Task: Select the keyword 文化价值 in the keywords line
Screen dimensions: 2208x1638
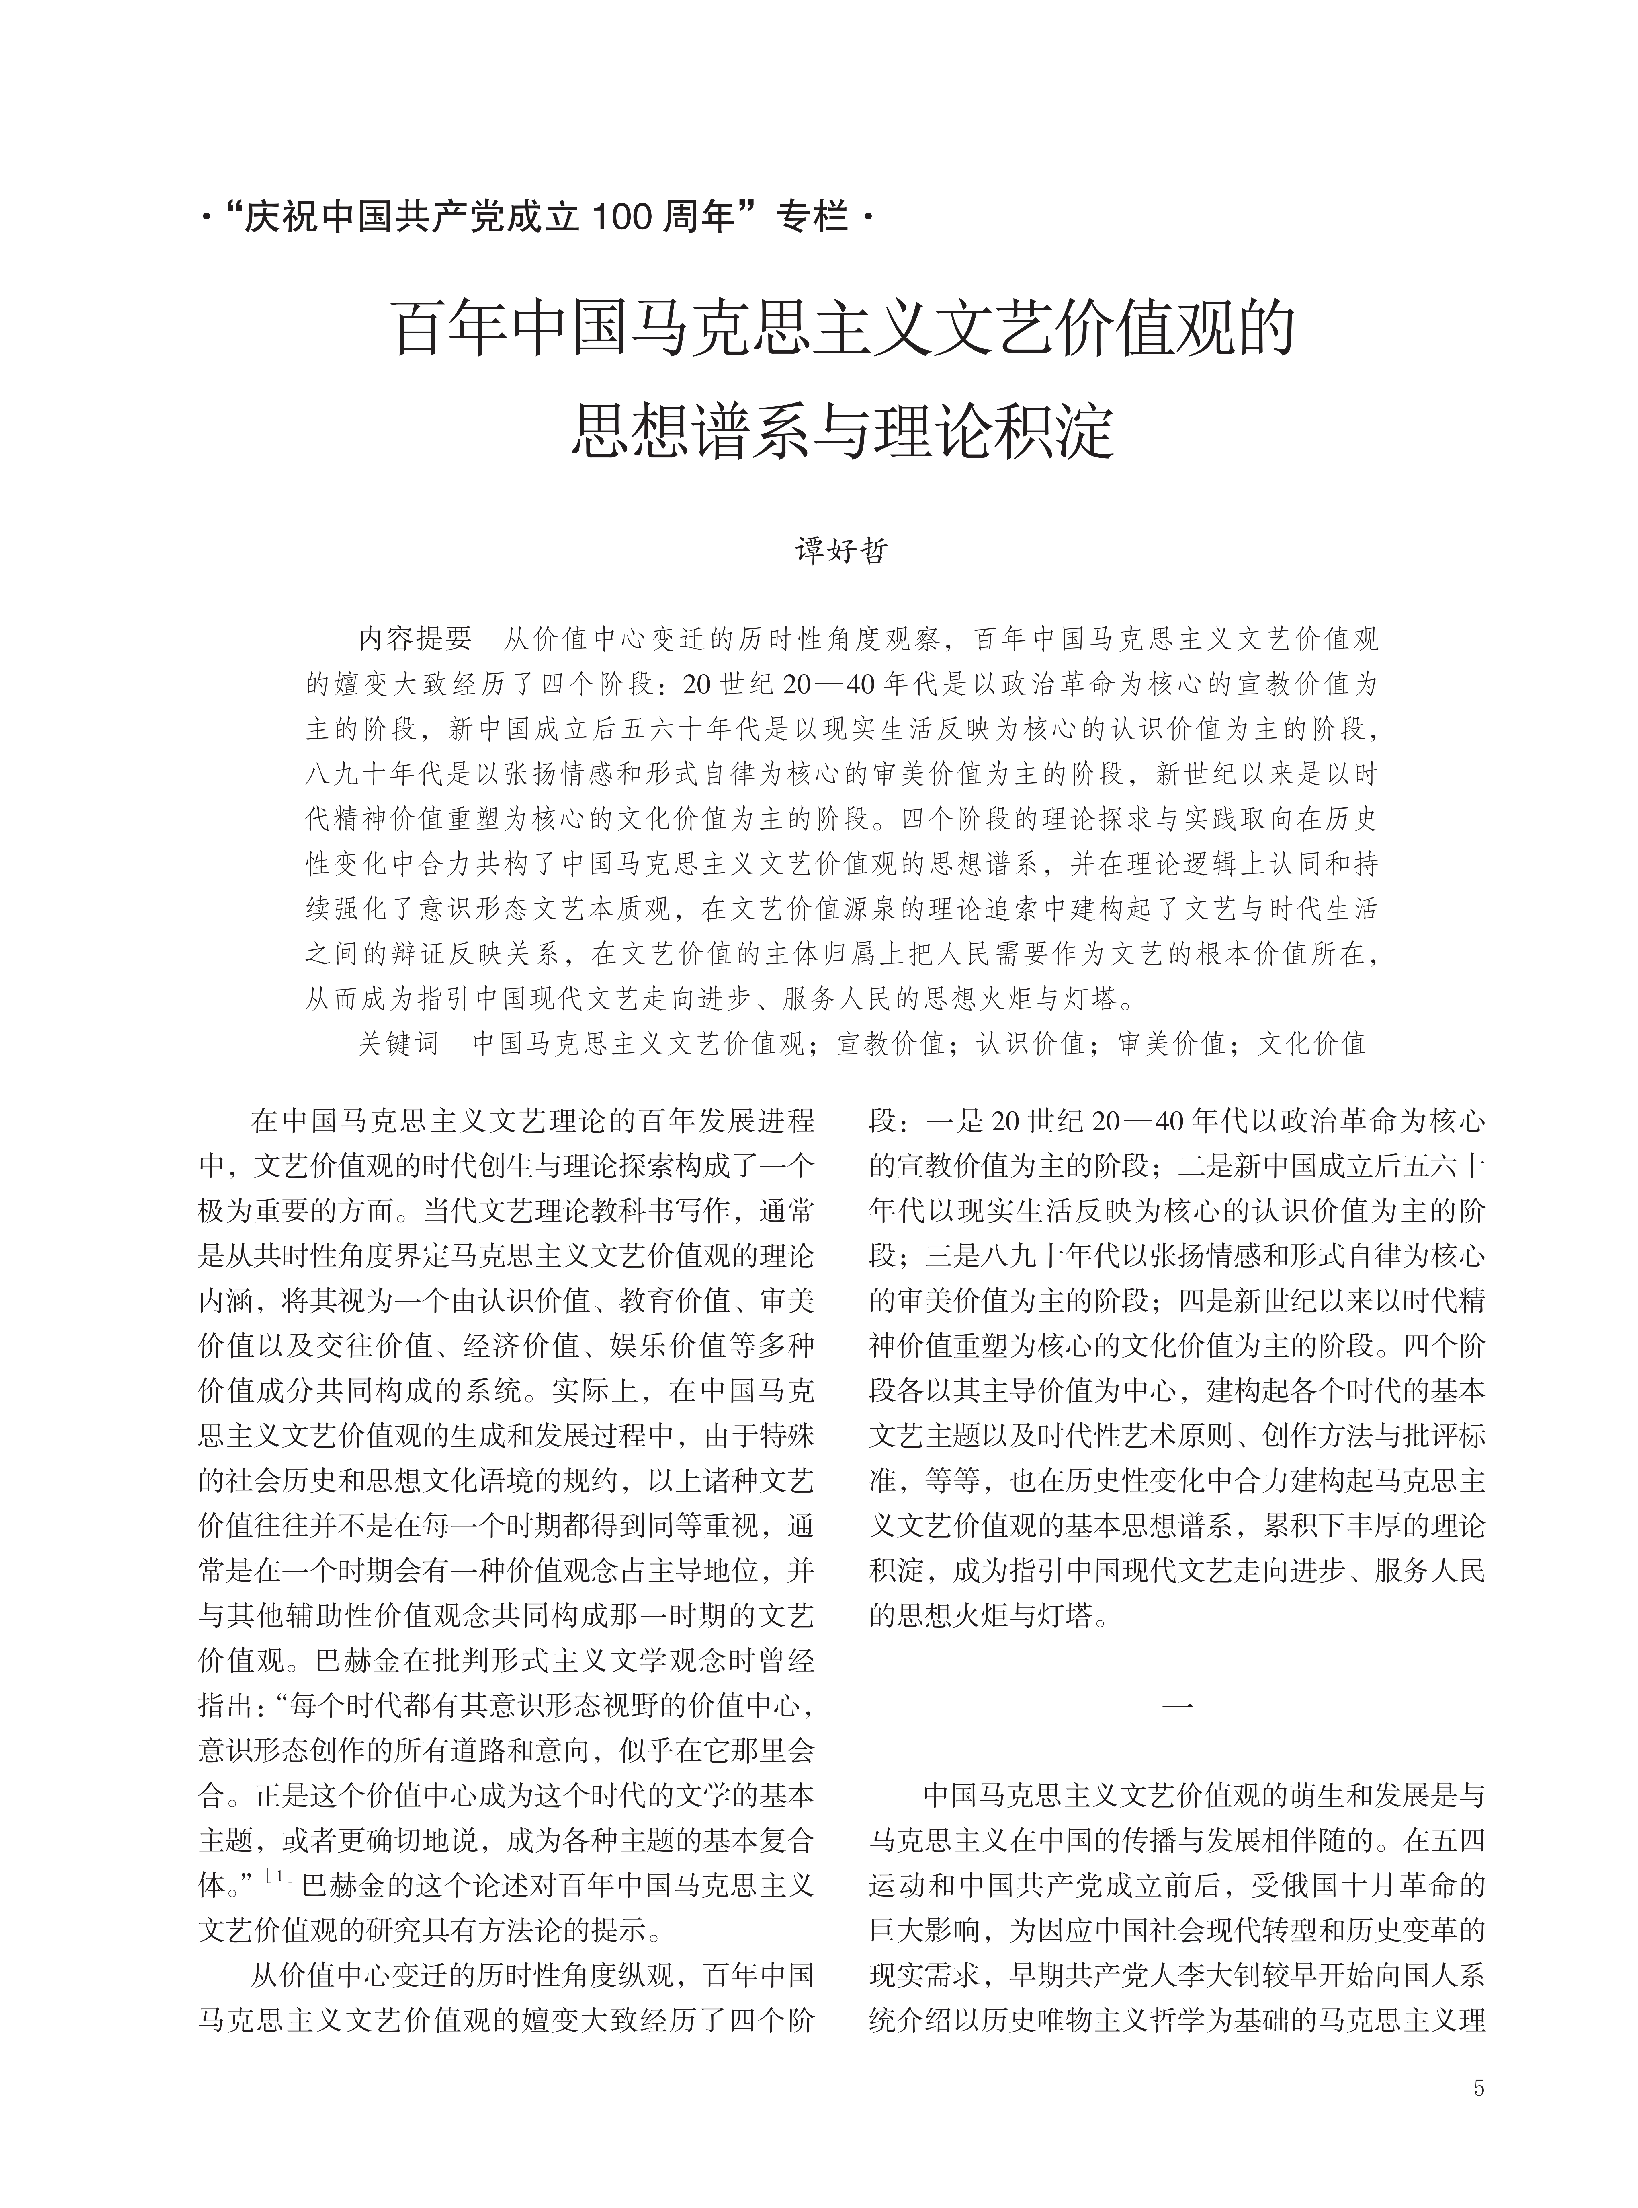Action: (x=1312, y=1043)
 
